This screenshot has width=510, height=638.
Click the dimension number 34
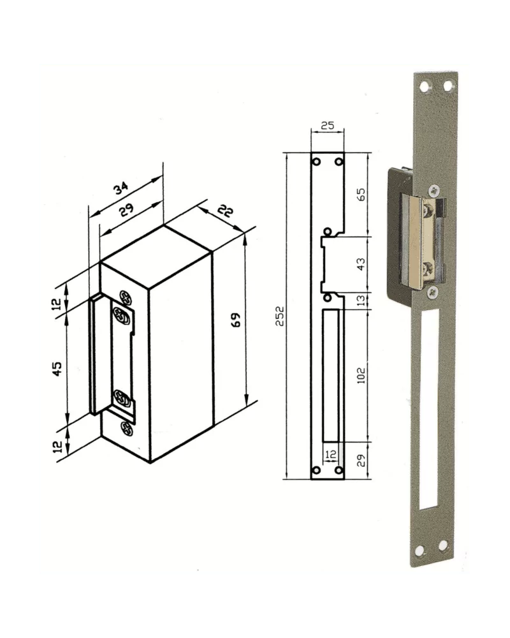(121, 188)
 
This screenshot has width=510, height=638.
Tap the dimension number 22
(224, 212)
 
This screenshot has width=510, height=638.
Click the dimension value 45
(57, 368)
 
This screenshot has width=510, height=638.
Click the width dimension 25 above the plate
(327, 126)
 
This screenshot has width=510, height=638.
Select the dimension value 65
(361, 194)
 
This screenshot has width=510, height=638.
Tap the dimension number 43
(361, 264)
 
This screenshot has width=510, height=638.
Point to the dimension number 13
(361, 300)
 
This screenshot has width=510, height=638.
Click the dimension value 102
(361, 375)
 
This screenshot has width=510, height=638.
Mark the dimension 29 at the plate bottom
(361, 461)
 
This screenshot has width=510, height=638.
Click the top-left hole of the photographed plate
(425, 85)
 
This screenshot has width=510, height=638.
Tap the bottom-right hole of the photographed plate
(442, 546)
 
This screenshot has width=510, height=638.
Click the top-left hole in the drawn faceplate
(316, 161)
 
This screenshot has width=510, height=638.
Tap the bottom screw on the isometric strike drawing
(126, 426)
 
